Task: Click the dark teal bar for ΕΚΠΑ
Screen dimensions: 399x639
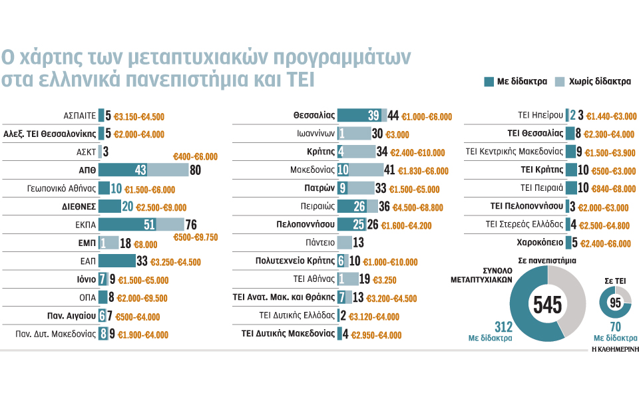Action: [127, 224]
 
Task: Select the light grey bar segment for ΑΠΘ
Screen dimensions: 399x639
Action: [166, 170]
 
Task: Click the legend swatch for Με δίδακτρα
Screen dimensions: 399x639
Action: [489, 82]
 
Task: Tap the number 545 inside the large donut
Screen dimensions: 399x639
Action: [547, 305]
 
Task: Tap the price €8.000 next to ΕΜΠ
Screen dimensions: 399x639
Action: [149, 243]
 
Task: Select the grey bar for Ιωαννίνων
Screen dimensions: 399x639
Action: [357, 133]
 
